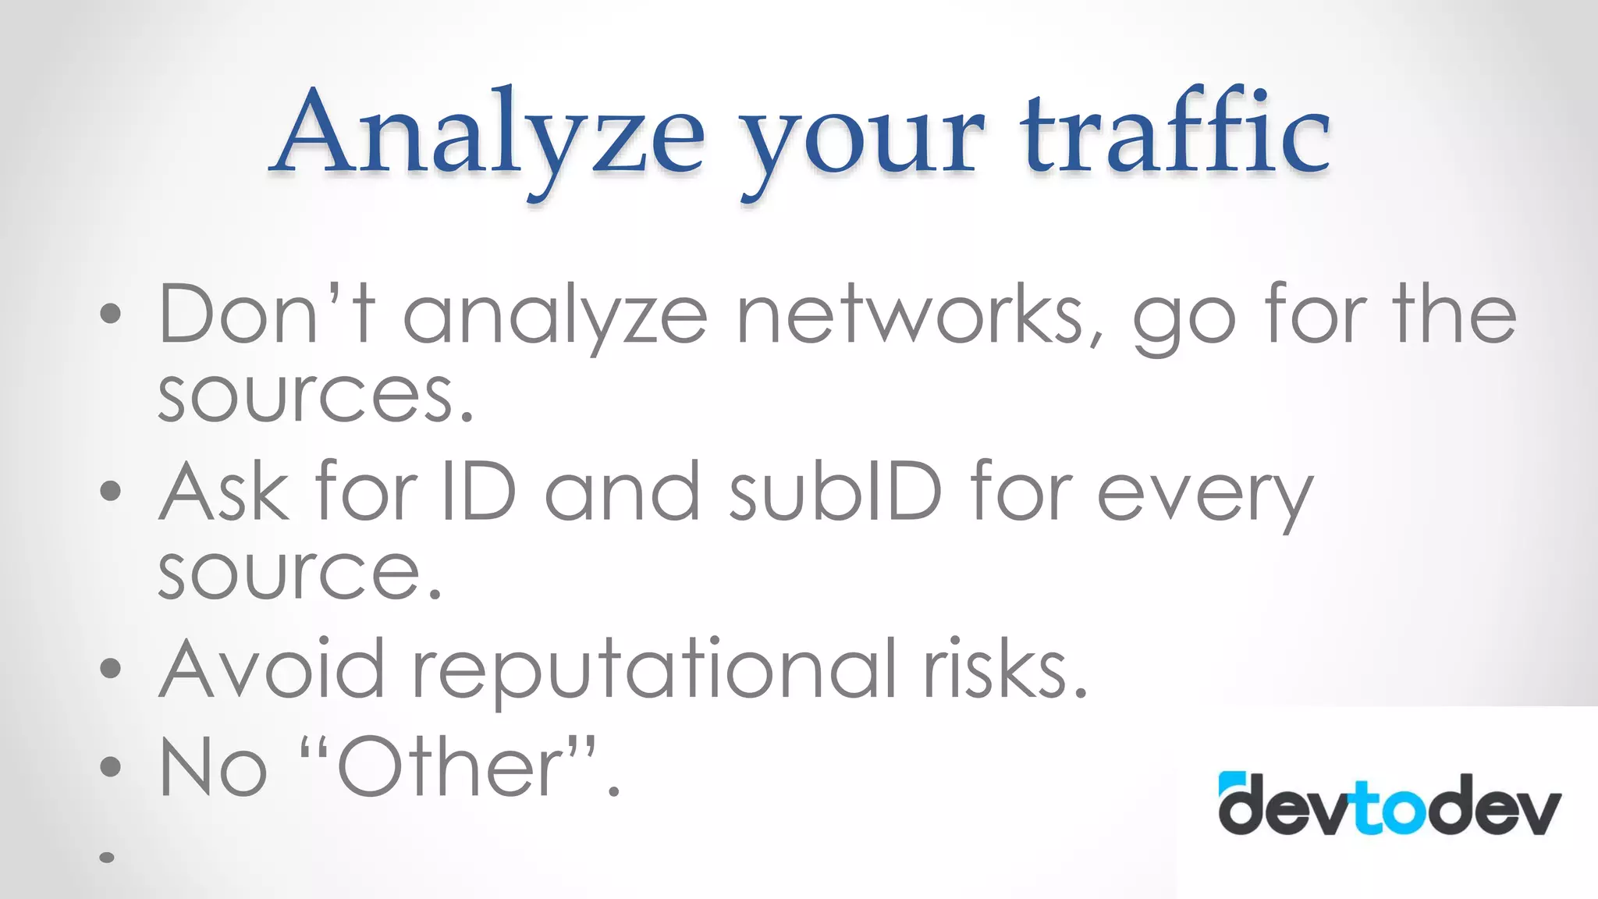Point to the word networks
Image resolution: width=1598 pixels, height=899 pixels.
[919, 314]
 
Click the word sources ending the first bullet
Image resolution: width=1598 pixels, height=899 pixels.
[315, 396]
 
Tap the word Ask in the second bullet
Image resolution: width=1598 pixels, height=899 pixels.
[224, 492]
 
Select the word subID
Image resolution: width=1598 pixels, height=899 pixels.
[836, 492]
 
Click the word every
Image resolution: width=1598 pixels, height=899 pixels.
[1205, 496]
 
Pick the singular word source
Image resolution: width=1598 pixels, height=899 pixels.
[300, 574]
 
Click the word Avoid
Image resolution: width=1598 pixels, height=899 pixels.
[272, 669]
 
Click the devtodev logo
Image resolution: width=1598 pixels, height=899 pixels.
[1390, 804]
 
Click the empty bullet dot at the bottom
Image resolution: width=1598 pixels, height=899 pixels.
[108, 857]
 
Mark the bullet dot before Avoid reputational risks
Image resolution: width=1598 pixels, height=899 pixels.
[111, 668]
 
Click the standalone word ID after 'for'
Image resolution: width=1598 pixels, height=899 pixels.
[478, 492]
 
